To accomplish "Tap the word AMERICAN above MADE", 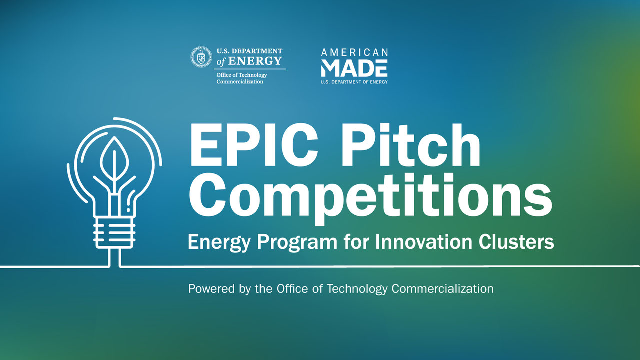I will pos(354,52).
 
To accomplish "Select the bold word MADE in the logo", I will pos(354,67).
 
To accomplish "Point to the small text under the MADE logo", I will pos(354,81).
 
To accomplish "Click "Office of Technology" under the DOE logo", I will pos(242,75).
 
